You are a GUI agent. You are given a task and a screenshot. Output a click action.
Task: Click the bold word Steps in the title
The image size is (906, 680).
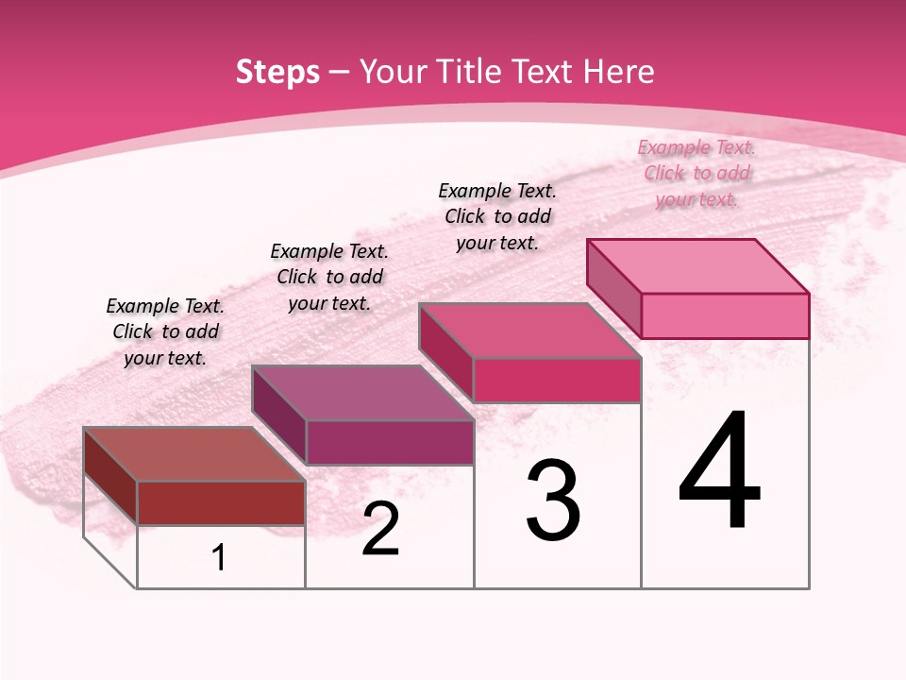(x=277, y=72)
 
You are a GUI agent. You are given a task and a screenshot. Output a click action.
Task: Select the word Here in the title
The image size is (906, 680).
(x=619, y=72)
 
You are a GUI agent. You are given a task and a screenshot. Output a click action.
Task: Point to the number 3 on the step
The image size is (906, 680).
(x=554, y=501)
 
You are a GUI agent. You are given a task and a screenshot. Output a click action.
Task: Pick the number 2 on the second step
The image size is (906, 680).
(x=380, y=530)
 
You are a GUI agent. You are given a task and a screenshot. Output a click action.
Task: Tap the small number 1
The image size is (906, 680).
(x=219, y=558)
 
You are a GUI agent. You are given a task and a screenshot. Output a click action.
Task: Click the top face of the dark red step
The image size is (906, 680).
(x=193, y=454)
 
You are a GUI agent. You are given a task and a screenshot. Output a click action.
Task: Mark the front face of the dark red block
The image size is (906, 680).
(x=221, y=502)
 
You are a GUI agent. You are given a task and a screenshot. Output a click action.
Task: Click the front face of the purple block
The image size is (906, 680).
(x=390, y=442)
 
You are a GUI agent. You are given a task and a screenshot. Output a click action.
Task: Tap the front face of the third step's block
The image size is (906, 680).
(x=557, y=380)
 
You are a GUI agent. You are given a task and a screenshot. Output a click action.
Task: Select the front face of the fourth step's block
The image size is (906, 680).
(x=725, y=315)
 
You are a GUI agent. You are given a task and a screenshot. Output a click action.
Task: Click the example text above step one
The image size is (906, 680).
(x=165, y=331)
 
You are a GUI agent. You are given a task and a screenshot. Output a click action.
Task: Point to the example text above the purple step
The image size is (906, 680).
(x=329, y=277)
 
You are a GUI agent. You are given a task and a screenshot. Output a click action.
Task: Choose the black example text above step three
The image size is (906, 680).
(x=497, y=216)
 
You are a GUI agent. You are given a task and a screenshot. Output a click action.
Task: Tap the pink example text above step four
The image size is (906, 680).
(x=696, y=173)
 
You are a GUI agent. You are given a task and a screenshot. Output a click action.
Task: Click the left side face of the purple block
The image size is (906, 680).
(x=279, y=416)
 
